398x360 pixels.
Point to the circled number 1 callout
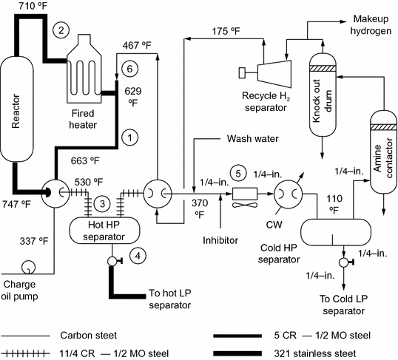click(x=130, y=137)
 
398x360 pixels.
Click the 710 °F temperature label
click(x=20, y=7)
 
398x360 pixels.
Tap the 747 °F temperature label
click(x=17, y=204)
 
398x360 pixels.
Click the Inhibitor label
click(x=222, y=240)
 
